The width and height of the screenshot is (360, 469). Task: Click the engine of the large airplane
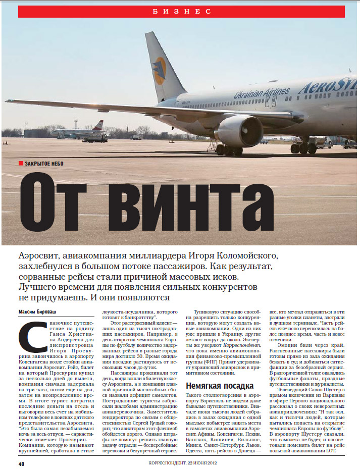(x=239, y=130)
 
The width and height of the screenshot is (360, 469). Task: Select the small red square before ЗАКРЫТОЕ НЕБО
(x=21, y=163)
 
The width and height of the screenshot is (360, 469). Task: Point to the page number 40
(x=21, y=463)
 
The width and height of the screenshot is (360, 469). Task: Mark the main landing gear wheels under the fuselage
(x=302, y=147)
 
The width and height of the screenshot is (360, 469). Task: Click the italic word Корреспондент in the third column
(x=232, y=343)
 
